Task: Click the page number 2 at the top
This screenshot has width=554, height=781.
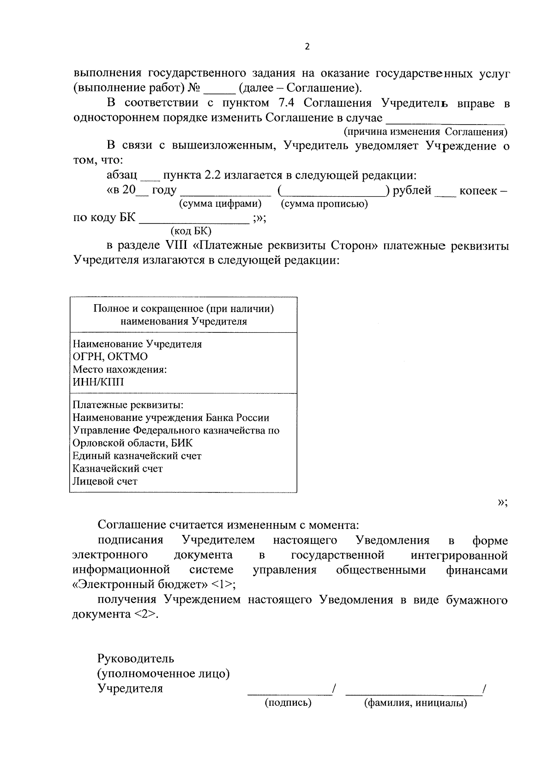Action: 307,47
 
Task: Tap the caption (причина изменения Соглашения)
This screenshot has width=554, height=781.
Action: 426,132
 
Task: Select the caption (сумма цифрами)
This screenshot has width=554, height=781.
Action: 220,204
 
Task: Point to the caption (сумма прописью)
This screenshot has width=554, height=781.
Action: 324,204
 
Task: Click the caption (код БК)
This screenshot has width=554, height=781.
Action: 191,231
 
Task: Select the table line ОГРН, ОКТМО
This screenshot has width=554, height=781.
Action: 110,357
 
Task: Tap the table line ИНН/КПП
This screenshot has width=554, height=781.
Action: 98,382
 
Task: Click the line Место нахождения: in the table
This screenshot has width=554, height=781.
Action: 120,369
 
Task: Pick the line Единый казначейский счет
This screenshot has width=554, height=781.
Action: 137,456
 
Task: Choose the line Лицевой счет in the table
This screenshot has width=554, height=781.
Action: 105,481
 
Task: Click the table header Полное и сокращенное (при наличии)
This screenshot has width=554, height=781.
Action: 183,308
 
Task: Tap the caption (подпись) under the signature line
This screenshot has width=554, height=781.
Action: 288,703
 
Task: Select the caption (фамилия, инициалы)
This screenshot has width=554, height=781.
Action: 415,703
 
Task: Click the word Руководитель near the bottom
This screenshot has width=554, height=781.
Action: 135,658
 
